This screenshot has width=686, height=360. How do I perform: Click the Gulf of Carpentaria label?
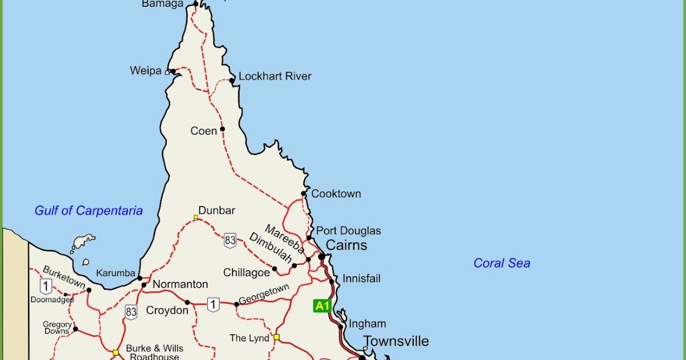pos(89,210)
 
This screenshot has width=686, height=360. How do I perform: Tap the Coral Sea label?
pos(501,263)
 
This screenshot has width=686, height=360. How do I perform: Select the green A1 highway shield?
pos(322,306)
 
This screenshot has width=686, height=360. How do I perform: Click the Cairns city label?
pos(346,245)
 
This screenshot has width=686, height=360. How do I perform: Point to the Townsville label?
pos(396,341)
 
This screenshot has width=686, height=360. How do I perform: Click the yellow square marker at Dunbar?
pos(196,217)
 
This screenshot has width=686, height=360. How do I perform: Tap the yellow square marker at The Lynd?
pos(276,337)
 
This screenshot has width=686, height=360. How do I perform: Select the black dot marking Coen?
pos(222,129)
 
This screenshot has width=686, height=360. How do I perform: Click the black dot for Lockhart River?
pos(232,81)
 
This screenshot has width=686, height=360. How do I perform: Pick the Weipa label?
pos(146,71)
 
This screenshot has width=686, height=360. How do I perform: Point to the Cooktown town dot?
pos(304,193)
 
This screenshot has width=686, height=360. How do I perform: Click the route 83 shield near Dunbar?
pos(230,241)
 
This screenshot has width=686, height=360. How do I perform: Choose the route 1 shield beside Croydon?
pos(213,305)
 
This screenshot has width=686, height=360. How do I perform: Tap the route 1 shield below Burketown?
pos(46,286)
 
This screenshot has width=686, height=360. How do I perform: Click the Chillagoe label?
pos(246,273)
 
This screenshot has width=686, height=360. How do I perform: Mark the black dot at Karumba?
pos(139,278)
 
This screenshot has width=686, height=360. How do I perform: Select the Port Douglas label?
pos(349,231)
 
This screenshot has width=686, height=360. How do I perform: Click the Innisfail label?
pos(361,279)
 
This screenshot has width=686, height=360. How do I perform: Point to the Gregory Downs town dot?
pos(75,329)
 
